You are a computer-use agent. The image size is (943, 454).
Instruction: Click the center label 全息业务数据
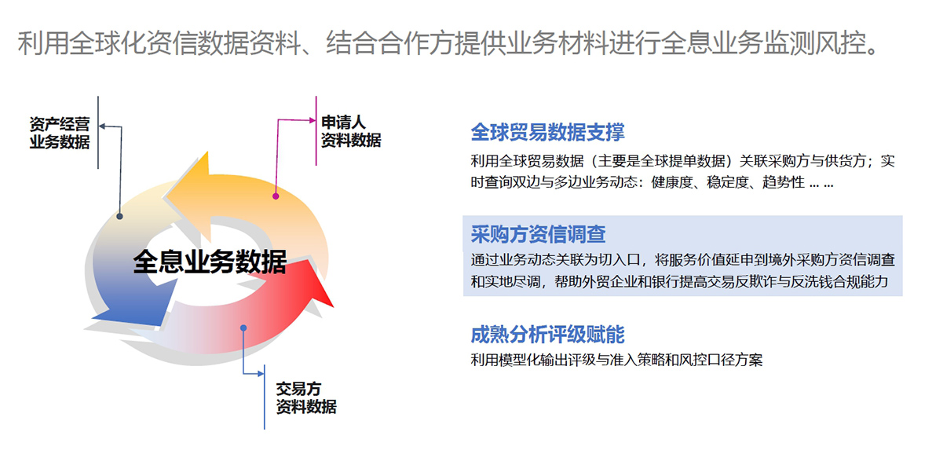(210, 262)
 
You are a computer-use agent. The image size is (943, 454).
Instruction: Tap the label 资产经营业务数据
(60, 133)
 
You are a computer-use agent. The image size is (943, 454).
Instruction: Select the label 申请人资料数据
(351, 131)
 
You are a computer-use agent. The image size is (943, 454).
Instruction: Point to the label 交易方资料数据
(306, 398)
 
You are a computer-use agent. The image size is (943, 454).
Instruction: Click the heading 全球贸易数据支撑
(547, 132)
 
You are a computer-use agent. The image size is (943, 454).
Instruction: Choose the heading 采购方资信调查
(538, 234)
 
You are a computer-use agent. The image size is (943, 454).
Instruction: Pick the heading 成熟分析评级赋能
(547, 335)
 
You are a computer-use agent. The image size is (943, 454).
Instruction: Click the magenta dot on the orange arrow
(276, 196)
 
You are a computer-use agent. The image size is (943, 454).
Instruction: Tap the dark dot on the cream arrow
(119, 217)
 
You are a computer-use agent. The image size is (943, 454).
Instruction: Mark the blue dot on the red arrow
(243, 328)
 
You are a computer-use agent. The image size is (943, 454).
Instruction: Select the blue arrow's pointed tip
(92, 317)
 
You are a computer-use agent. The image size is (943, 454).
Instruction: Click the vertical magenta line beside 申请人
(316, 131)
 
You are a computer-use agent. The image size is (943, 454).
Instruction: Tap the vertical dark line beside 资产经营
(98, 133)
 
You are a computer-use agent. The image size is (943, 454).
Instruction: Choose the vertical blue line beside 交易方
(265, 397)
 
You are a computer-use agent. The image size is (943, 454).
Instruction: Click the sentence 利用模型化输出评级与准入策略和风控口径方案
(616, 360)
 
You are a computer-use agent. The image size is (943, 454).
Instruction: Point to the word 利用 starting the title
(43, 43)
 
